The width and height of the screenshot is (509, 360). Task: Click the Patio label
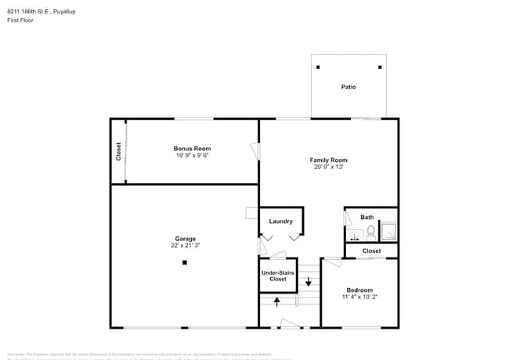(348, 87)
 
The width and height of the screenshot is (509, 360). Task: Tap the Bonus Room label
(192, 148)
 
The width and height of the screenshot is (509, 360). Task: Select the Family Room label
(329, 160)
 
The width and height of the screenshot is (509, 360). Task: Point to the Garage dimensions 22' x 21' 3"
(186, 246)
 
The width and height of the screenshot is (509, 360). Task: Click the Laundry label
(280, 221)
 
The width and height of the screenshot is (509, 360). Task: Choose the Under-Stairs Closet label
(278, 275)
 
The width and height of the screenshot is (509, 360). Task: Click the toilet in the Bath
(371, 232)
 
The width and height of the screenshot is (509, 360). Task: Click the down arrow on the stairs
(309, 281)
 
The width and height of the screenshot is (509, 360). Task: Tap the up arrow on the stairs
(276, 301)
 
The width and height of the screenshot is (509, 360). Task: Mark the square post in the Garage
(186, 263)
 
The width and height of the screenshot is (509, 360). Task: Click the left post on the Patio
(318, 67)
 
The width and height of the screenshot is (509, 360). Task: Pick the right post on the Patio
(381, 67)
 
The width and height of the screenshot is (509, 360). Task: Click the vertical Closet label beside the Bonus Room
(118, 151)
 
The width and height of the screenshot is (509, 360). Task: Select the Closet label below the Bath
(372, 251)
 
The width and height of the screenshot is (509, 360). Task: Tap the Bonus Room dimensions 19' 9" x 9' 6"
(192, 155)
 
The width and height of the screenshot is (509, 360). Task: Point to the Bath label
(367, 217)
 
